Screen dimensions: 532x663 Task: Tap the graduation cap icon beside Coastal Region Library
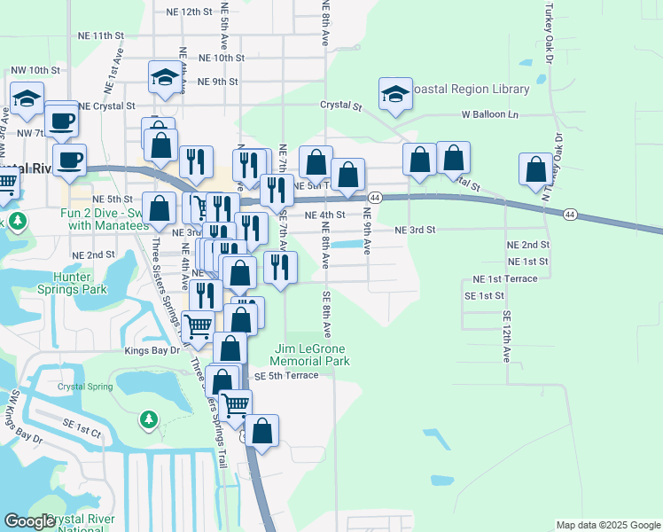click(x=395, y=93)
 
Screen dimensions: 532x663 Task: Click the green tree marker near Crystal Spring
click(x=149, y=419)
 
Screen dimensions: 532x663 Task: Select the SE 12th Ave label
click(x=507, y=335)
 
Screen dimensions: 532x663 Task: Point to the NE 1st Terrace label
click(x=505, y=278)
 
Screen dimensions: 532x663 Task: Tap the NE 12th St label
click(x=191, y=12)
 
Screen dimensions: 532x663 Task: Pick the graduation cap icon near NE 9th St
click(x=165, y=78)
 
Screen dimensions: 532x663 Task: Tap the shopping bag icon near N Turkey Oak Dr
click(x=535, y=169)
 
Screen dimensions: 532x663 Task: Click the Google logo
click(x=28, y=521)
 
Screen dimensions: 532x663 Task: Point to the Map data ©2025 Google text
click(x=607, y=525)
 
